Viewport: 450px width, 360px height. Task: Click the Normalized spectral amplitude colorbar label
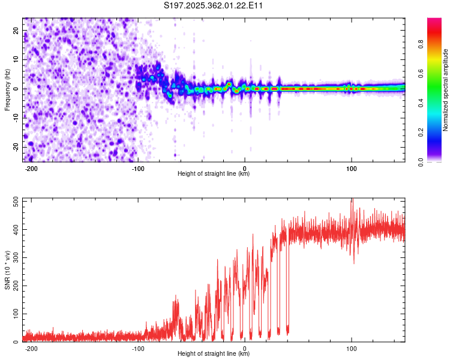446,90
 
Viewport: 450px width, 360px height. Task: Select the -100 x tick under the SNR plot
137,349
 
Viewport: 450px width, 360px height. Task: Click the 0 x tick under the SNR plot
245,349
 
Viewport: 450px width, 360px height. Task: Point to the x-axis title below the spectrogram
214,174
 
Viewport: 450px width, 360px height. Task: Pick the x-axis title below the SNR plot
214,354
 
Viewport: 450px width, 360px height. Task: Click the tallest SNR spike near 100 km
352,199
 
